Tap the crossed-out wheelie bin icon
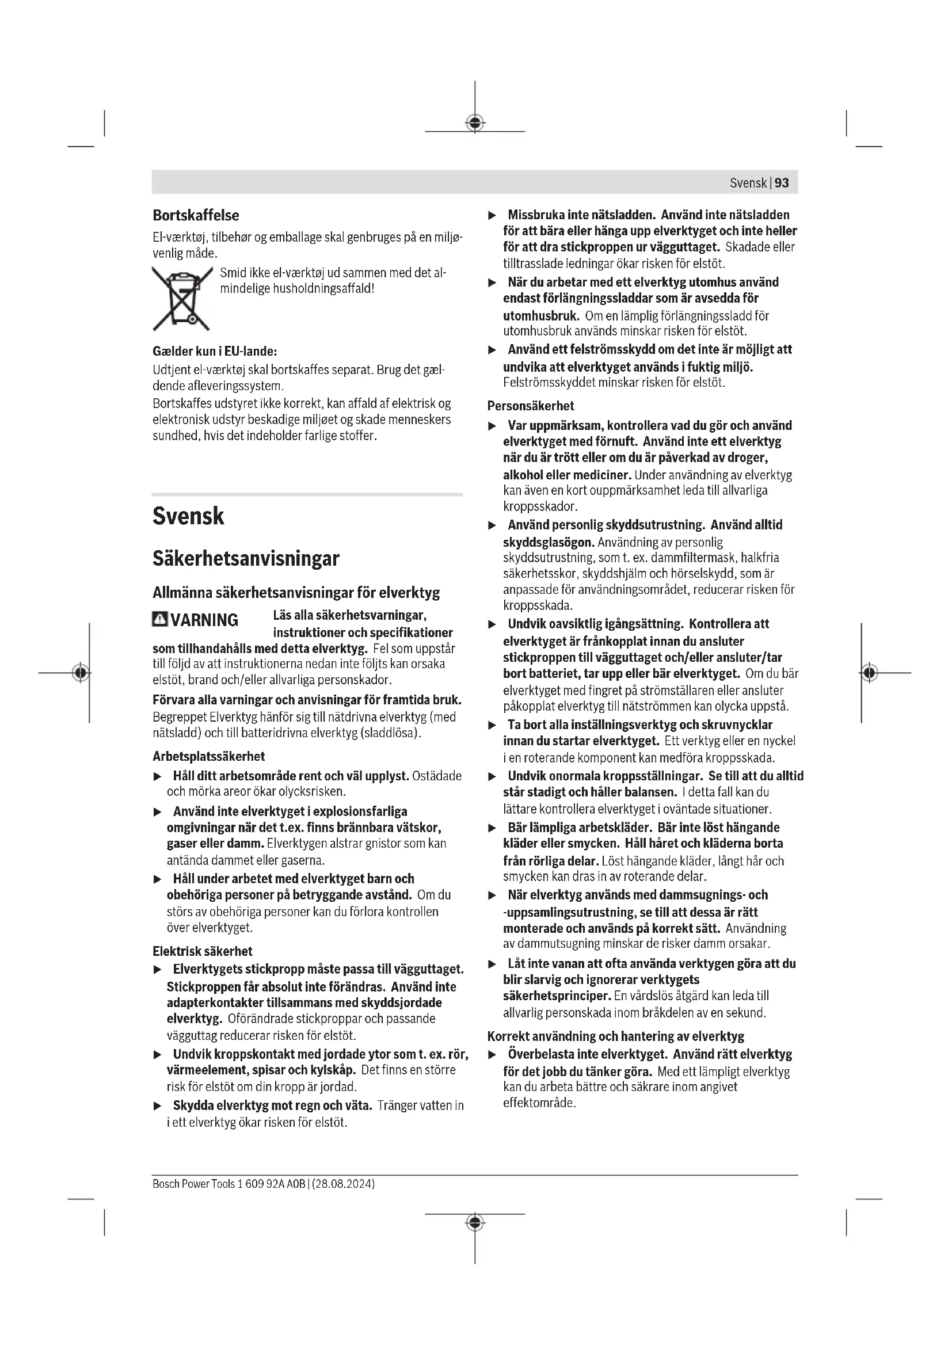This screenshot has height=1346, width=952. click(182, 299)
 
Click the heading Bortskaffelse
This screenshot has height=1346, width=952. click(196, 215)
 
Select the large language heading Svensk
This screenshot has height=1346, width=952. click(188, 516)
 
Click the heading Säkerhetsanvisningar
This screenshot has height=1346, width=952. click(246, 558)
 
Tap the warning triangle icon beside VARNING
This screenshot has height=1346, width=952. click(159, 619)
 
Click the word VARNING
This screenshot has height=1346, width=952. click(204, 620)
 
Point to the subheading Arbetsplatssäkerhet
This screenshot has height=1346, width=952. click(209, 756)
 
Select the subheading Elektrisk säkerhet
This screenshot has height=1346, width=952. click(202, 951)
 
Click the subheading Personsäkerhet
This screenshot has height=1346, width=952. click(531, 406)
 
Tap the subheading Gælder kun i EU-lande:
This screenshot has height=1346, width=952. click(215, 352)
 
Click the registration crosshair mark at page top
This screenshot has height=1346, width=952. click(475, 123)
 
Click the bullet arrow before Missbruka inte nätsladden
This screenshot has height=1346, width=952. click(493, 215)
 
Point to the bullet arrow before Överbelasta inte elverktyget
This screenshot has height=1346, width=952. click(493, 1055)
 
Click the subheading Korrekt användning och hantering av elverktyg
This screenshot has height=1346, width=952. click(615, 1036)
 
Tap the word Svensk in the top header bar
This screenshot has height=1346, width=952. click(748, 183)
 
